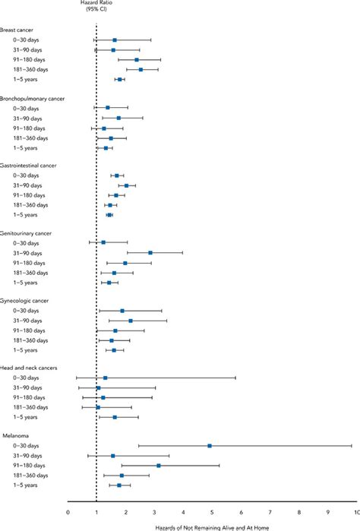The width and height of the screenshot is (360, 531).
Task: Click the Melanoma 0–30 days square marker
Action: point(210,446)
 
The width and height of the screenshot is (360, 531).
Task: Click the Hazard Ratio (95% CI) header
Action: point(96,7)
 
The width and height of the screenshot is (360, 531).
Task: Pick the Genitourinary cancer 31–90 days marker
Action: point(150,252)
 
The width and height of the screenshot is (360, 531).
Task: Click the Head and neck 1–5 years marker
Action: point(115,417)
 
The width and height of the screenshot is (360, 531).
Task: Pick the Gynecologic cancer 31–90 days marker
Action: point(131,321)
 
